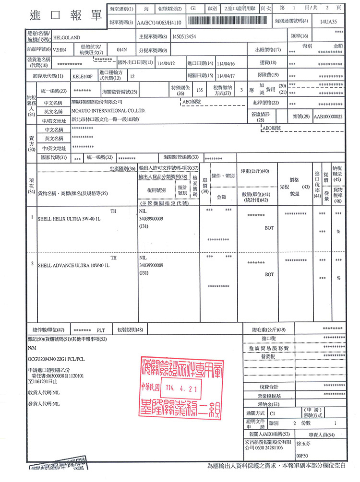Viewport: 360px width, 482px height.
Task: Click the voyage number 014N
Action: tap(122, 49)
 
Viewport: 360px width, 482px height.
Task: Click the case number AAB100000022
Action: tap(328, 117)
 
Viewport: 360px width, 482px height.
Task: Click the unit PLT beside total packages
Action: tap(101, 330)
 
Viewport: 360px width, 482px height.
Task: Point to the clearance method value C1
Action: tap(273, 412)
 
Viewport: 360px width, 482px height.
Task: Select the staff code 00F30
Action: tap(303, 456)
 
